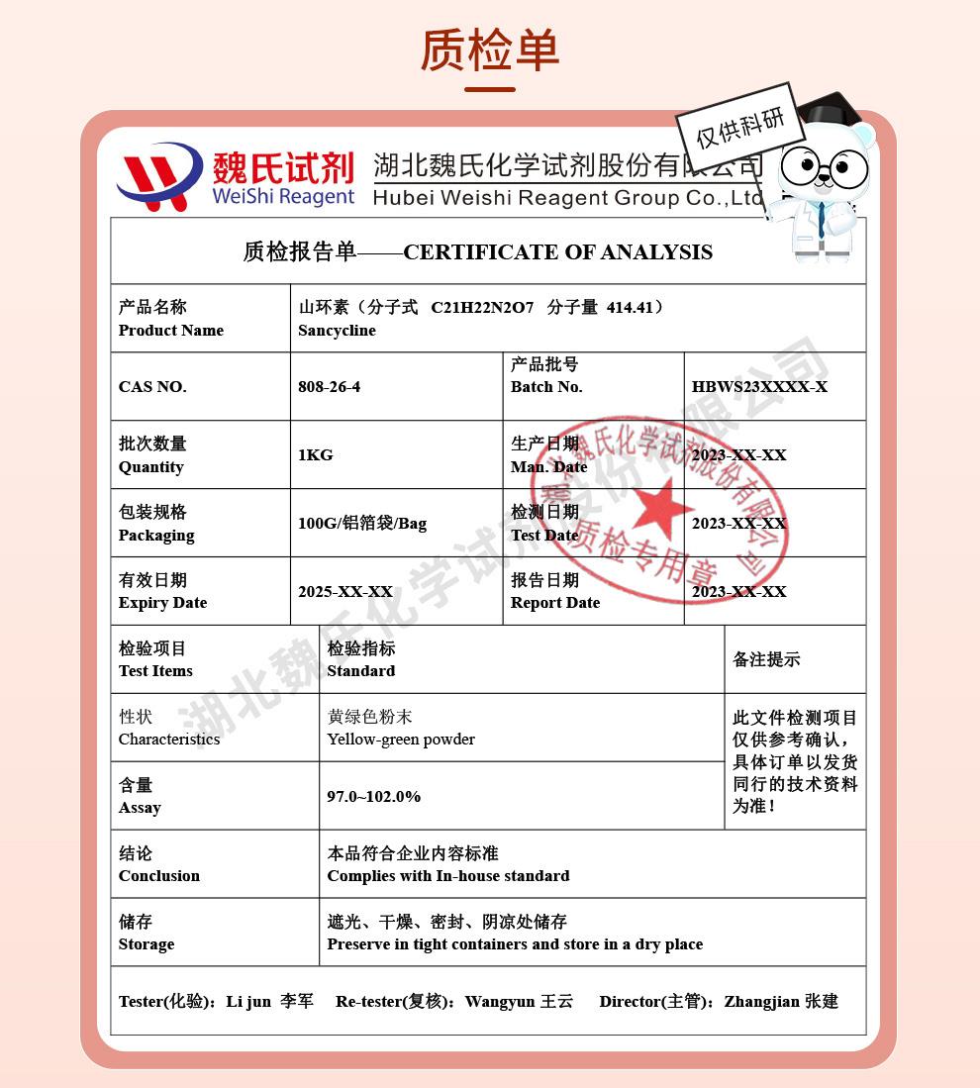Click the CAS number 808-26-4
(x=329, y=387)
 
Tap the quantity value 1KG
(x=315, y=455)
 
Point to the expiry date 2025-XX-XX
(x=345, y=592)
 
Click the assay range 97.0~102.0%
(x=373, y=797)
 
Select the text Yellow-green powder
(x=401, y=740)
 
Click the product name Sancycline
(x=337, y=331)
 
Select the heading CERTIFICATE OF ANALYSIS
(x=557, y=252)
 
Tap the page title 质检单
(x=490, y=49)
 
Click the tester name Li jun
(x=248, y=1002)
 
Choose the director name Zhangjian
(x=761, y=1002)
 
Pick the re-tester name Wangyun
(x=500, y=1002)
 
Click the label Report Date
(x=555, y=603)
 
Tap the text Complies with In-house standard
(x=448, y=876)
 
